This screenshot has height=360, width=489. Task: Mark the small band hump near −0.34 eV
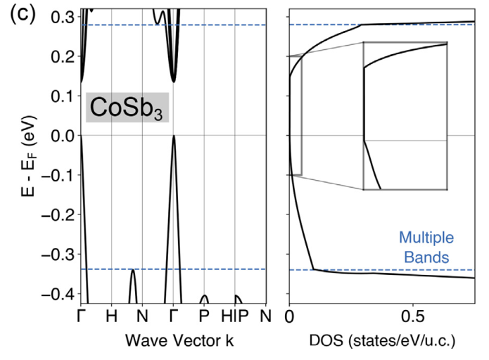132,273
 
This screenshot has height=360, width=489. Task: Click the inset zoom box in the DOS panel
405,116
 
